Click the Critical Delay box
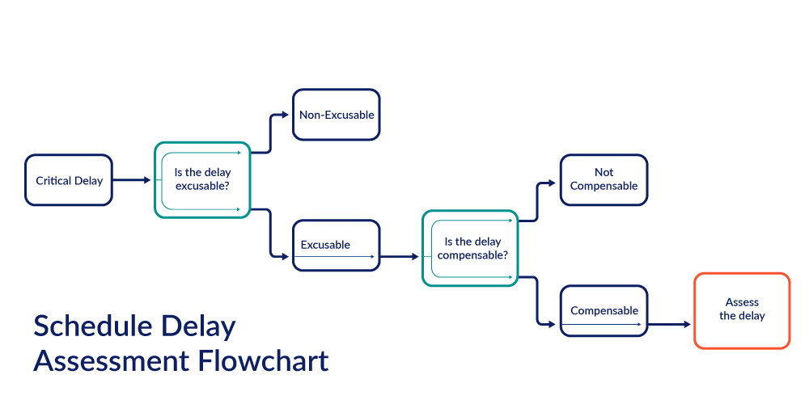click(x=69, y=180)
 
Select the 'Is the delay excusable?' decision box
click(x=202, y=179)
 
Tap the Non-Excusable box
click(x=337, y=115)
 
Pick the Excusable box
click(x=336, y=245)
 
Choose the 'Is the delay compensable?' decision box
click(x=470, y=247)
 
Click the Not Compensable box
click(x=604, y=179)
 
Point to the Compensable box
click(x=604, y=311)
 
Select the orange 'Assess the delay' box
click(x=742, y=310)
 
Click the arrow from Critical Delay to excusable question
click(x=133, y=180)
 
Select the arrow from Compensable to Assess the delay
click(x=670, y=325)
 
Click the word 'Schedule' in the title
click(x=89, y=327)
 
